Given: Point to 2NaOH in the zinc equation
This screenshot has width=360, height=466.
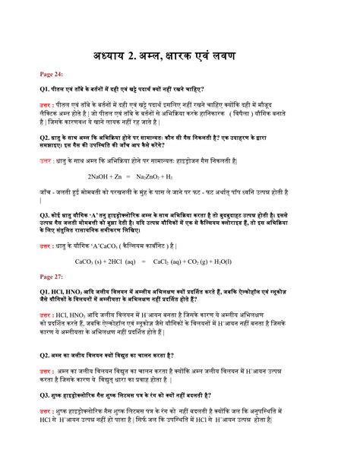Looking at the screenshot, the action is (x=90, y=196).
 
